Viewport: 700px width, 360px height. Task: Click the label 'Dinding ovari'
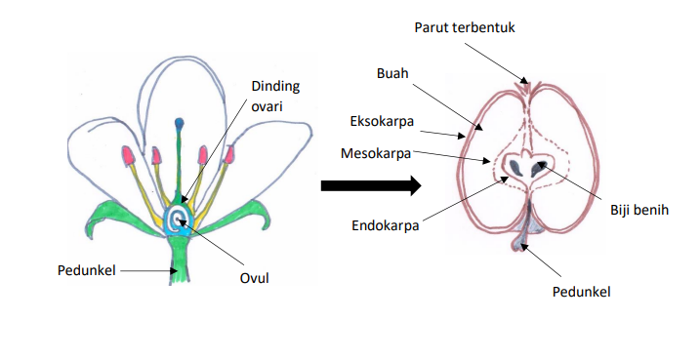pyautogui.click(x=275, y=97)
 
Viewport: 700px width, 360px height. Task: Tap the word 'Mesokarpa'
pyautogui.click(x=376, y=154)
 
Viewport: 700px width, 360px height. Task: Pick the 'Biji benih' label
pyautogui.click(x=638, y=209)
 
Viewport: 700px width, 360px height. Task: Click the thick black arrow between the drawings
pyautogui.click(x=370, y=184)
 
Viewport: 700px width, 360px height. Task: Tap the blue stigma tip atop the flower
pyautogui.click(x=180, y=124)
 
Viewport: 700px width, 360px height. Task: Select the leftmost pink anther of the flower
pyautogui.click(x=127, y=155)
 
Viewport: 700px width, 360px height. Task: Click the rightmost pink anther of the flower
pyautogui.click(x=230, y=155)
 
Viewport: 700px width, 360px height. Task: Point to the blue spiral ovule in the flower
pyautogui.click(x=180, y=220)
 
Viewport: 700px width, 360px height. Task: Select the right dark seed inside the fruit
pyautogui.click(x=539, y=172)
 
